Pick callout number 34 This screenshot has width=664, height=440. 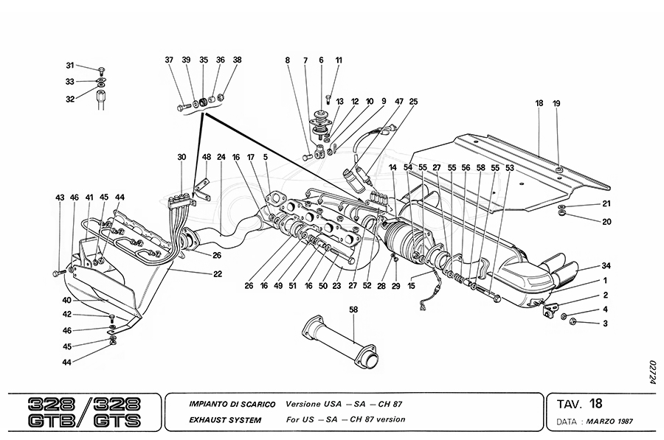606,265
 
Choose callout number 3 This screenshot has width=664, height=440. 605,323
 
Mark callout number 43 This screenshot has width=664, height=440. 59,197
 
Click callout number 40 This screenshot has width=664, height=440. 67,300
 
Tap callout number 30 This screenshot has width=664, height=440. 181,156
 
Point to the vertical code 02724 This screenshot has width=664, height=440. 652,372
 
